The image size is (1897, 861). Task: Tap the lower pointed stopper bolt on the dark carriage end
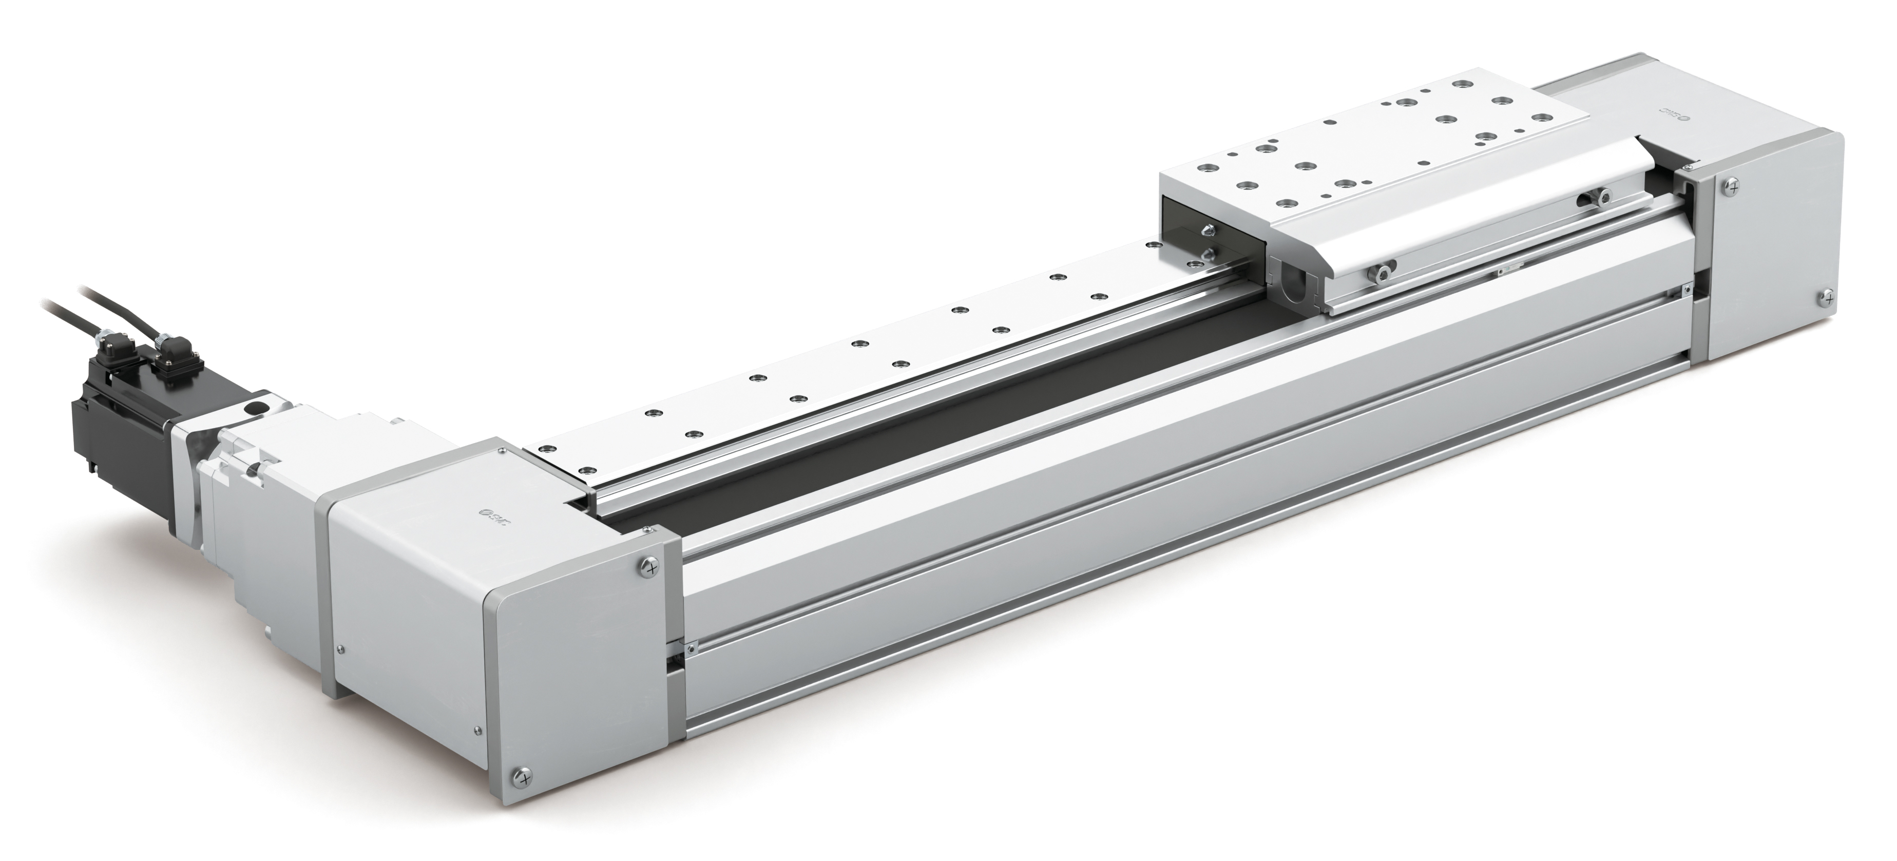pyautogui.click(x=1207, y=255)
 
